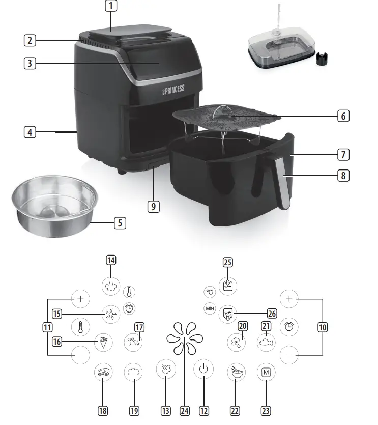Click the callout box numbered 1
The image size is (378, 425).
[111, 6]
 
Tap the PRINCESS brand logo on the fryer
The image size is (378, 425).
[174, 90]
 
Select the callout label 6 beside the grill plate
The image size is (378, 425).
[344, 116]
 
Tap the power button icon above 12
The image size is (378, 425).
[203, 370]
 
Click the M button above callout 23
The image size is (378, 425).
[266, 372]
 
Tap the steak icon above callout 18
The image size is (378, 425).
[103, 372]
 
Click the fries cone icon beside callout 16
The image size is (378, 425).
[103, 342]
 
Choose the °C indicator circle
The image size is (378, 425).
[210, 292]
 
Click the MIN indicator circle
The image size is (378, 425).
[210, 308]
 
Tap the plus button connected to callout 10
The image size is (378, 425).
[289, 299]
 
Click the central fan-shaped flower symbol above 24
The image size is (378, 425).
[183, 337]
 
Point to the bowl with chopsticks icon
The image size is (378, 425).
[236, 372]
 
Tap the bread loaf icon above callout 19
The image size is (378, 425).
[134, 372]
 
